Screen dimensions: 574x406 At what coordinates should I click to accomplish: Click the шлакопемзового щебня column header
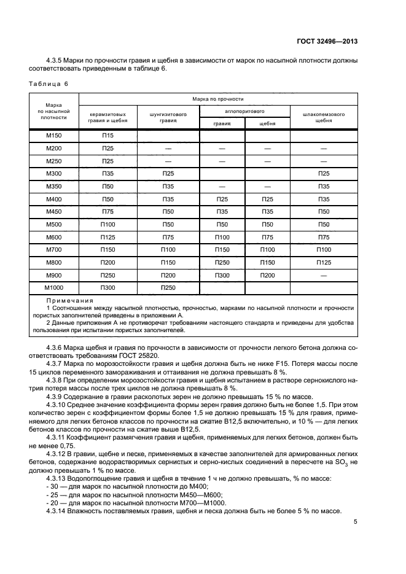click(324, 117)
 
